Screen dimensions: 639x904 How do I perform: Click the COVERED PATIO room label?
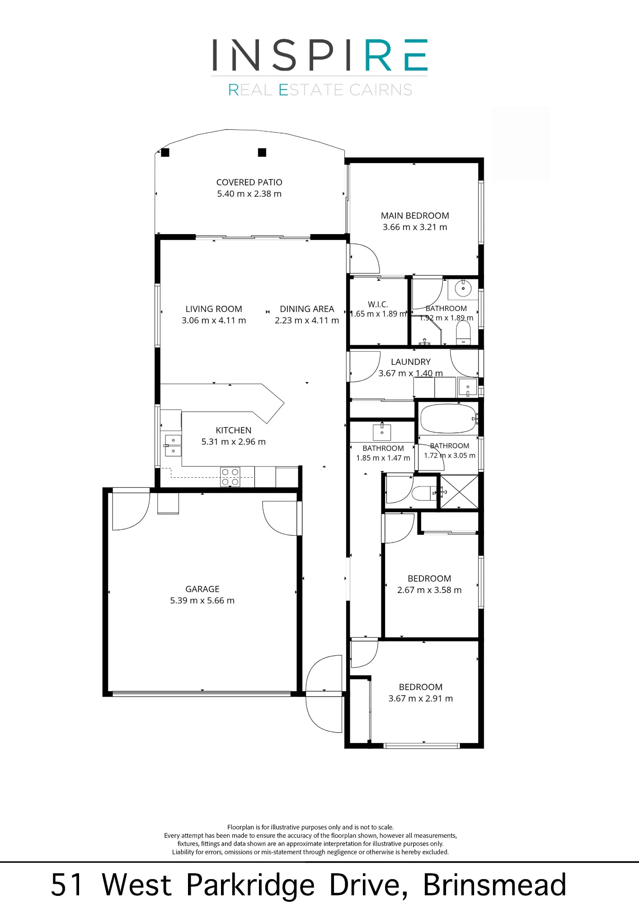249,182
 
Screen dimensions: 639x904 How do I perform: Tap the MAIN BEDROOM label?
415,216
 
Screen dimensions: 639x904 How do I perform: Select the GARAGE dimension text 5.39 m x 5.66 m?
202,600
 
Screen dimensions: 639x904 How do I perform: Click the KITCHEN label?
233,430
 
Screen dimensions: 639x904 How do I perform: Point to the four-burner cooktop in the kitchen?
230,477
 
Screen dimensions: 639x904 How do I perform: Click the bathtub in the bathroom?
448,419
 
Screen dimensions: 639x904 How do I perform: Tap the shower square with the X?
459,491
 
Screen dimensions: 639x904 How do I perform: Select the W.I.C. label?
378,304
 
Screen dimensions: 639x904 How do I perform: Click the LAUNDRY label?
410,362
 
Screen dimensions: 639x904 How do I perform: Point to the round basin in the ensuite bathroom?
463,288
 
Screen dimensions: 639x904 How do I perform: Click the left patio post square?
165,153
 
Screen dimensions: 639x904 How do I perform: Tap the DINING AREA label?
307,309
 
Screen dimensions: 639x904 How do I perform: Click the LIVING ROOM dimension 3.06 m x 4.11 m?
214,320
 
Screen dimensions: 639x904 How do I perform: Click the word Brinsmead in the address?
494,884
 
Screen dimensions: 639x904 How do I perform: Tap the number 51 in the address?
67,885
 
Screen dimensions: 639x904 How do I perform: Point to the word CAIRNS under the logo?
381,90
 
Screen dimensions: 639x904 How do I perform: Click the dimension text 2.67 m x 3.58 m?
429,590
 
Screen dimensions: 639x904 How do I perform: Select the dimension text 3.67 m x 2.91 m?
420,698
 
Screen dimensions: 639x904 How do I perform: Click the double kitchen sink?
173,445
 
